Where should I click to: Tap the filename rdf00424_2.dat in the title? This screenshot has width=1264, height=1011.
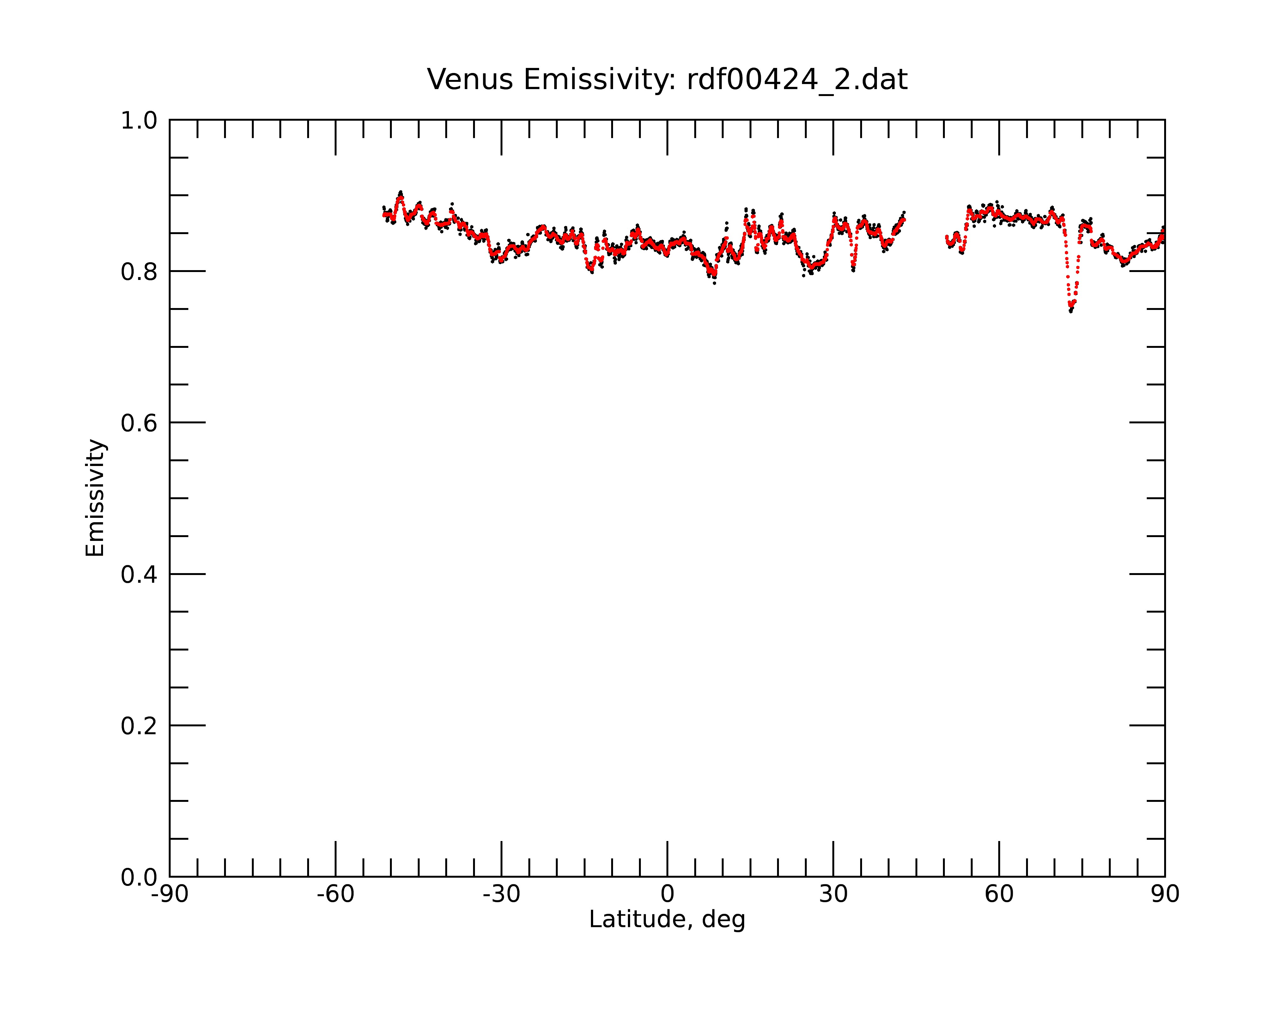797,80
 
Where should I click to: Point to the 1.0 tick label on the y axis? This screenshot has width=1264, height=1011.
139,121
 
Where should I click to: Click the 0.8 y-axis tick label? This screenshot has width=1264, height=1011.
139,272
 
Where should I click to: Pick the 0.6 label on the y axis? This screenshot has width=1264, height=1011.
139,423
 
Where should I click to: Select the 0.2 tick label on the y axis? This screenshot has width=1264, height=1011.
139,726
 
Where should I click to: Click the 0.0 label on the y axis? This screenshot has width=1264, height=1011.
139,877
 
